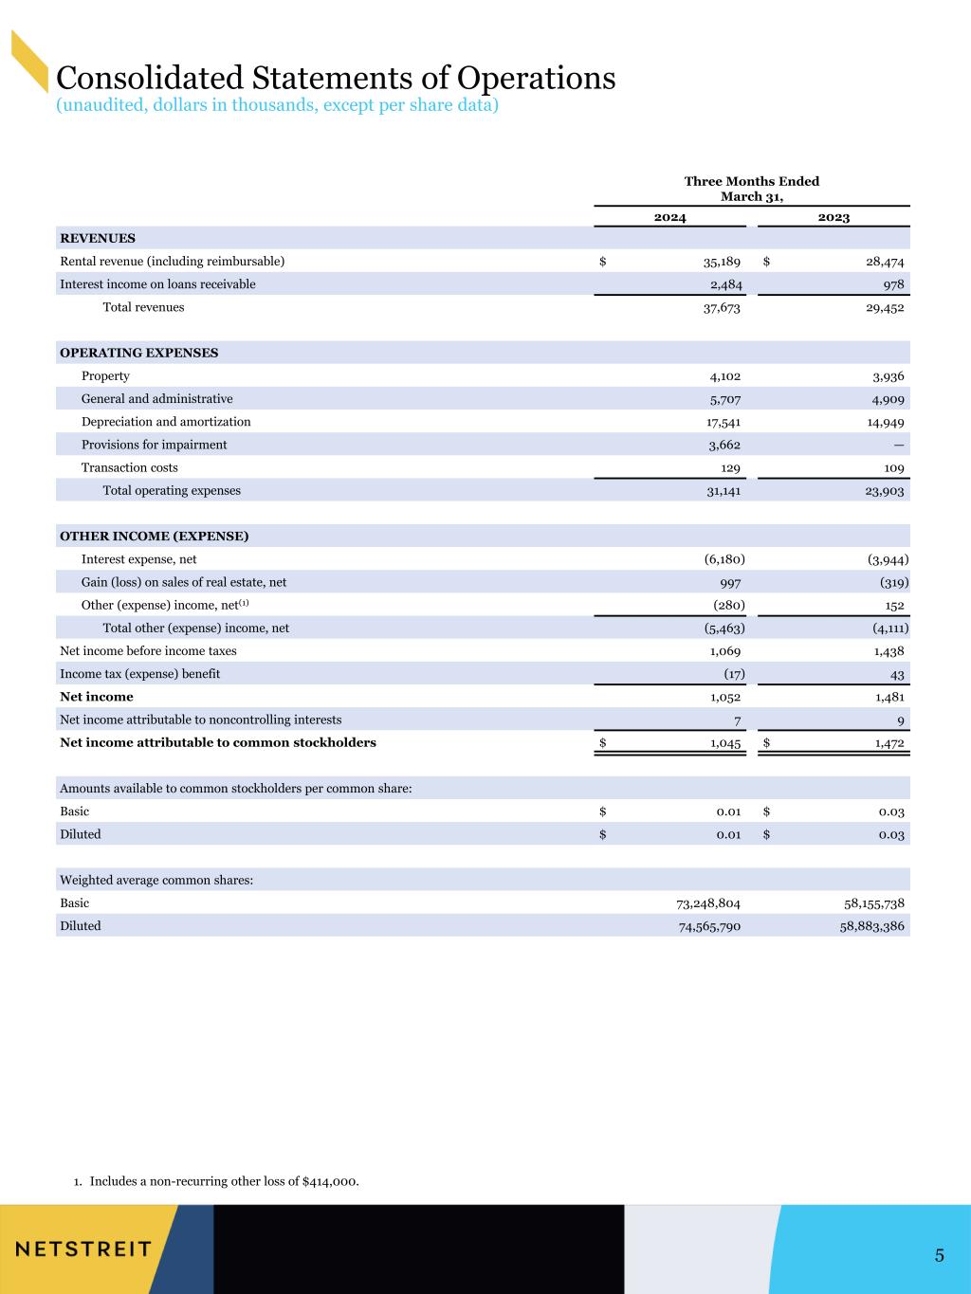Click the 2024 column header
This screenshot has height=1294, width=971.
coord(669,217)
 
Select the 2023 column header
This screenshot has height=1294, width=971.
coord(834,217)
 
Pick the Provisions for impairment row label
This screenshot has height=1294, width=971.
coord(154,445)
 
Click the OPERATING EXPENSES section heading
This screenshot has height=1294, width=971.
coord(138,353)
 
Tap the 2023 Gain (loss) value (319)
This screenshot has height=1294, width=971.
coord(889,582)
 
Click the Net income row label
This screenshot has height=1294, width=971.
coord(97,697)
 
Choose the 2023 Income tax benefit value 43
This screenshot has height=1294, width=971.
coord(896,674)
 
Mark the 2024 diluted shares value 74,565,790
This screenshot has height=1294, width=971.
coord(704,926)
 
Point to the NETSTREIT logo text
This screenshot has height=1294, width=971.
coord(83,1248)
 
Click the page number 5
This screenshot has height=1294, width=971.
coord(939,1256)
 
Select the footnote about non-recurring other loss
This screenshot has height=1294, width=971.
coord(216,1181)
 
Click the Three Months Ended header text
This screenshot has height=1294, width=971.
coord(751,181)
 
